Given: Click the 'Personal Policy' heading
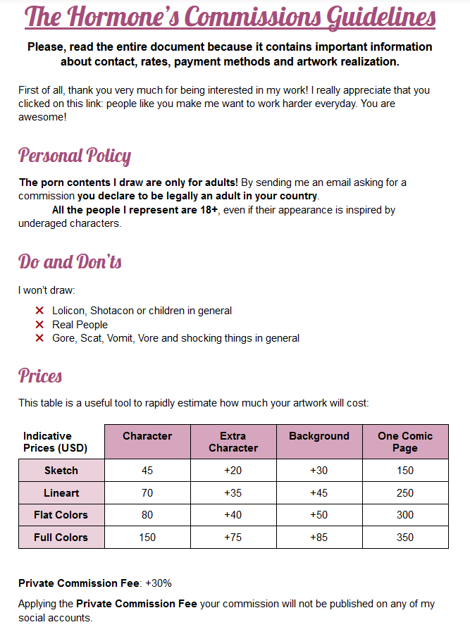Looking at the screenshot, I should coord(75,156).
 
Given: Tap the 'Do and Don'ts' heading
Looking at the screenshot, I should coord(70,262).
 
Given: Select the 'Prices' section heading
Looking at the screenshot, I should coord(40,375).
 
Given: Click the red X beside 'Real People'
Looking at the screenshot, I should coord(39,325).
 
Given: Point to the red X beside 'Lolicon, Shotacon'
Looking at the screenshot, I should coord(39,311).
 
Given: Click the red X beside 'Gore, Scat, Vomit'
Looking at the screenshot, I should coord(39,338).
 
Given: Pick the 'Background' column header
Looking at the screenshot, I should coord(319,436).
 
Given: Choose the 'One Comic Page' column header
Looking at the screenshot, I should coord(405,442).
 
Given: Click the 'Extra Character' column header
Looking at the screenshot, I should coord(233,442).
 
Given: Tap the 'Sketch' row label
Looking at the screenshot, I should coord(61,471).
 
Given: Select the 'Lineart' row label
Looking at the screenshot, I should coord(61,493).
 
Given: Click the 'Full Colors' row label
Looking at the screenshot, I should coord(61,538).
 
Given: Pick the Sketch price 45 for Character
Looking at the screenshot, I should coord(147,471).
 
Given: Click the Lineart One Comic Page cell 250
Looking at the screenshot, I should coord(405,493).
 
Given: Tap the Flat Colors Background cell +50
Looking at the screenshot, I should coord(319,515).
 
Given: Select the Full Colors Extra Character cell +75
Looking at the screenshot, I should coord(233,538).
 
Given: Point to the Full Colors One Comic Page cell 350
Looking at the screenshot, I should coord(405,538).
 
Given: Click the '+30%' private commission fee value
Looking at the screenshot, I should coord(159,583).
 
